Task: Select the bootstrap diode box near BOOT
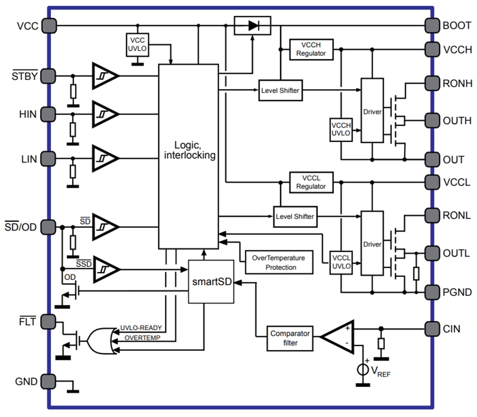tap(252, 26)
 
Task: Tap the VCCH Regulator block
tap(311, 49)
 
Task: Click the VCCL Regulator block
tap(311, 182)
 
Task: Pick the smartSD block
tap(211, 282)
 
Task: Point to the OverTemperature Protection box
tap(279, 262)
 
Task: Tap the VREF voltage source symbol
tap(360, 370)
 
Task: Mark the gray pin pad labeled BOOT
tap(432, 25)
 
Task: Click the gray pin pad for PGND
tap(432, 292)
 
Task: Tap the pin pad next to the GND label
tap(49, 381)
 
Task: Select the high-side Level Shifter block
tap(280, 91)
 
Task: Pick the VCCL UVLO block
tap(341, 263)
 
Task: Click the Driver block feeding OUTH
tap(372, 111)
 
